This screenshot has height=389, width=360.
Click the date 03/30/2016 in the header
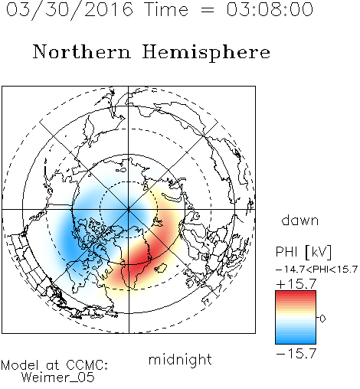(70, 10)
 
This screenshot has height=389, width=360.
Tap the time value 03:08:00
(270, 9)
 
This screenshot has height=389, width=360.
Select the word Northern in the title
(82, 51)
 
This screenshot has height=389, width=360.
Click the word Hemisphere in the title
(206, 53)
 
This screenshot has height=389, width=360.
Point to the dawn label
(300, 220)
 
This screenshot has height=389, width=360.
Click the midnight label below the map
(180, 360)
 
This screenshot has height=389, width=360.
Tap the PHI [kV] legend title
(303, 252)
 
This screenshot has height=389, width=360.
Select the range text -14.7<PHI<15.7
(316, 270)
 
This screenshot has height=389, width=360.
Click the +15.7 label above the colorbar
(296, 284)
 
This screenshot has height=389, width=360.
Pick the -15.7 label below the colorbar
(296, 354)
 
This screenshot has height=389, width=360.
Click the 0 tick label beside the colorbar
(322, 319)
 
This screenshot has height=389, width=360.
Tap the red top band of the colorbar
(296, 295)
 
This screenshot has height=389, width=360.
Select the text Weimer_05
(58, 378)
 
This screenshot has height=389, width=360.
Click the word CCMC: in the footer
(87, 365)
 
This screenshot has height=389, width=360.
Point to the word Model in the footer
(20, 365)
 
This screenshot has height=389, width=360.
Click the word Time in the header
(166, 9)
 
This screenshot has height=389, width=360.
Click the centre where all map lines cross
(129, 210)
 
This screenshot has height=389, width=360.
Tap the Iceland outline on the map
(161, 268)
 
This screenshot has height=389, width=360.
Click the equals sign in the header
(208, 11)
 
